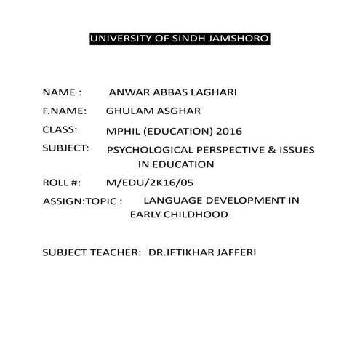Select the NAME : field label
(63, 93)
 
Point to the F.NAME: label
(65, 112)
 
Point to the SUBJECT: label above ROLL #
(66, 148)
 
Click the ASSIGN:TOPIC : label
(82, 200)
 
